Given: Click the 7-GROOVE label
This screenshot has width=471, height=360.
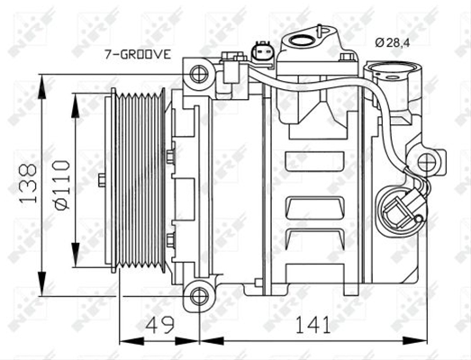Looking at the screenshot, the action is [138, 54].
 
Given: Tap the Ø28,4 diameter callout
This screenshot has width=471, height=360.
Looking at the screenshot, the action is [393, 42].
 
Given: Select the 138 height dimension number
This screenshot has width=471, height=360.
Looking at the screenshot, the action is [28, 183].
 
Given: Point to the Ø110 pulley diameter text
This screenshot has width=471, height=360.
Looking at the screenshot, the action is [61, 185].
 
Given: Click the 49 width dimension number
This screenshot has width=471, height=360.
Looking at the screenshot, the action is [161, 325].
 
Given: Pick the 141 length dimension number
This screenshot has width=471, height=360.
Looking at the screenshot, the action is [312, 325].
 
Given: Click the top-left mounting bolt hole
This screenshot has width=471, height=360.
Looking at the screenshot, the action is [199, 74].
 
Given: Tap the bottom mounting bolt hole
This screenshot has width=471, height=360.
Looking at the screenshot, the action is [199, 296].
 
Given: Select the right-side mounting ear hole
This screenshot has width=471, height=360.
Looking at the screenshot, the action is [427, 162].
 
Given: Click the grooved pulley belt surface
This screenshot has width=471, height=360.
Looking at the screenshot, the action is [139, 180].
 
